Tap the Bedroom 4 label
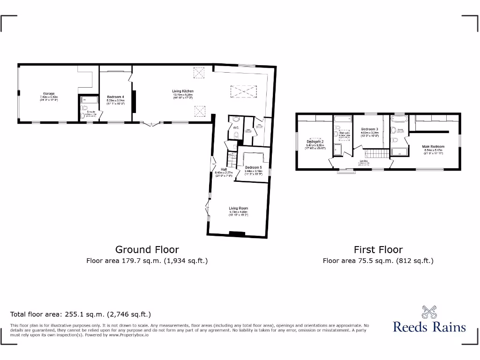coord(115,97)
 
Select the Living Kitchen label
coord(183,91)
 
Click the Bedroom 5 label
coord(254,167)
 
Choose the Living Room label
coord(238,208)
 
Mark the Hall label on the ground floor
coord(224,169)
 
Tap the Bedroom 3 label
coord(369,129)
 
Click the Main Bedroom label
coord(433,147)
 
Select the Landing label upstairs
coord(364,161)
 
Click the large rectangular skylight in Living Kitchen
coord(242,92)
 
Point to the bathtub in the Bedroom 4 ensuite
coord(88,100)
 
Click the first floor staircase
coord(375,154)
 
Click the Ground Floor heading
coord(147,250)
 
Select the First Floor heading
coord(378,250)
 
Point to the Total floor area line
coord(81,315)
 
